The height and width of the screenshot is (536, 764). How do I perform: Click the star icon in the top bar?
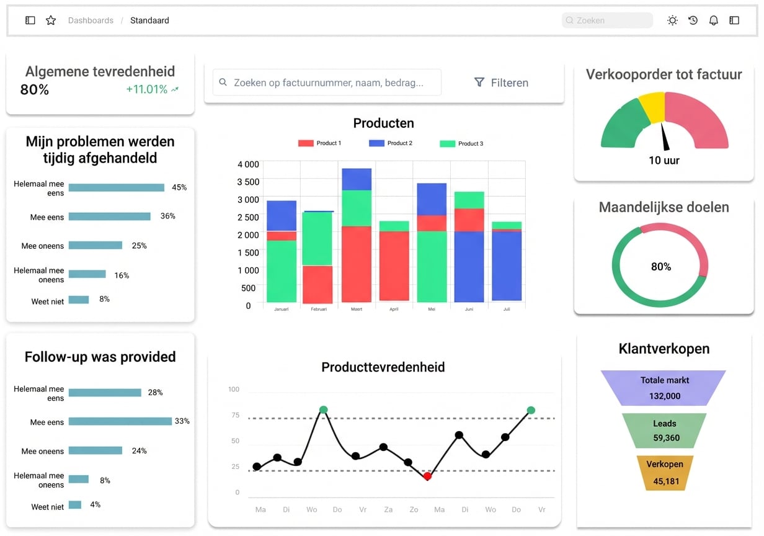[51, 20]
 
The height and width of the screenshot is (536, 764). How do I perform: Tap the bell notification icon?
[713, 20]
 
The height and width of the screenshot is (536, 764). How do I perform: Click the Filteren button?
[501, 83]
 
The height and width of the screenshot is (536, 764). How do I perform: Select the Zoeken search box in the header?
[607, 20]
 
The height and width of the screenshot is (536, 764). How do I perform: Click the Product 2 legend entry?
[391, 143]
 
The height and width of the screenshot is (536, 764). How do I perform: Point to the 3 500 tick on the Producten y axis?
[248, 182]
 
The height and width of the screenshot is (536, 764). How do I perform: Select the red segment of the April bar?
[394, 266]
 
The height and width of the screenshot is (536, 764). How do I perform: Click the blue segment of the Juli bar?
[507, 266]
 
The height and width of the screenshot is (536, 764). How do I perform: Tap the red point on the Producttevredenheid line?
[427, 476]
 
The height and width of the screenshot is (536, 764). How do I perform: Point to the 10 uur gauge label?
[664, 160]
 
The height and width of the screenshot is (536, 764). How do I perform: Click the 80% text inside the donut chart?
[660, 267]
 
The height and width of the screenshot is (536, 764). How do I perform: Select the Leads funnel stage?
[664, 431]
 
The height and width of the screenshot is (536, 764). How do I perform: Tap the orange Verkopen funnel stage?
[665, 473]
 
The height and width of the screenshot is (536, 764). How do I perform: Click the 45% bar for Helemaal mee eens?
[117, 187]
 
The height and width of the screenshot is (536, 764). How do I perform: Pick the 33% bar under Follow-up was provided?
[120, 421]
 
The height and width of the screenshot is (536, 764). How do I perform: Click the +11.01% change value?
[146, 89]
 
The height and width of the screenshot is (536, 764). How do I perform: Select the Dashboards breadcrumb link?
[91, 20]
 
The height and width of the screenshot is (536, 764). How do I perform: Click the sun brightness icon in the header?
[672, 20]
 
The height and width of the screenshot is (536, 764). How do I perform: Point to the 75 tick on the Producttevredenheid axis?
[236, 415]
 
